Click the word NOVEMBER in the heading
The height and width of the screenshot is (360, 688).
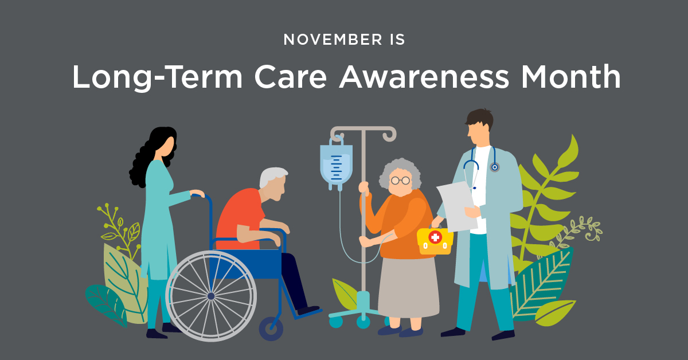333,40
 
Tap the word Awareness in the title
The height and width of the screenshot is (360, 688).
424,77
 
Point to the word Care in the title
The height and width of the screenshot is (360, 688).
291,77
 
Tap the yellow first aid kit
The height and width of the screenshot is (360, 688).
435,241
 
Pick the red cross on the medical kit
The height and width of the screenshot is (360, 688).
435,237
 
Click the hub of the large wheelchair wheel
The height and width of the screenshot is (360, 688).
211,296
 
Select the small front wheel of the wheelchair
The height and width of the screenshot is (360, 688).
271,328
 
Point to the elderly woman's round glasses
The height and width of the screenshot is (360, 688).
401,181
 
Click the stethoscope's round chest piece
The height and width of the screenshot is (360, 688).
494,167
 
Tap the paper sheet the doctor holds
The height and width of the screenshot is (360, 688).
457,206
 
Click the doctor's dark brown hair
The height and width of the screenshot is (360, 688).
480,118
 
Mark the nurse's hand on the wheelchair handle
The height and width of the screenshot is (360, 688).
197,193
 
